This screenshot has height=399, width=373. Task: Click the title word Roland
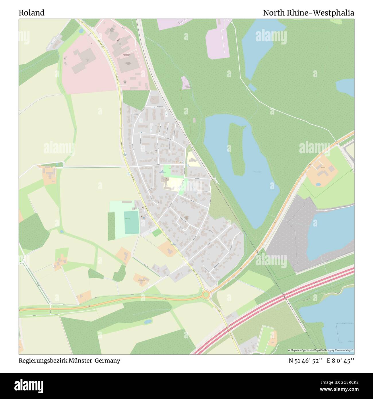point(32,13)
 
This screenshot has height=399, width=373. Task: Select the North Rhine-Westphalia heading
point(308,13)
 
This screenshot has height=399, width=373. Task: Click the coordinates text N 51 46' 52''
point(306,361)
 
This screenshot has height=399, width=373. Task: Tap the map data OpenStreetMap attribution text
point(321,350)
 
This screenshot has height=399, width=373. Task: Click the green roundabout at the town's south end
point(206,294)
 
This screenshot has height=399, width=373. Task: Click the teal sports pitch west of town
point(132,222)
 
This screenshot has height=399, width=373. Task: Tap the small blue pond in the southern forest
point(148,322)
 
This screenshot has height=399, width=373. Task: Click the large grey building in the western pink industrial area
point(83,61)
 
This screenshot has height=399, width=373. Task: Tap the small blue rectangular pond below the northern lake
point(252,87)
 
